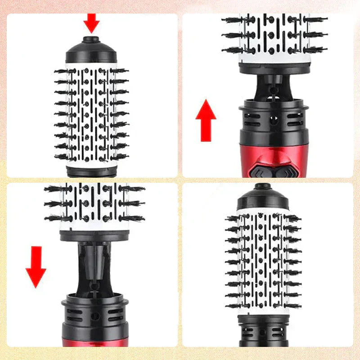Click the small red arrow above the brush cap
(x=91, y=22)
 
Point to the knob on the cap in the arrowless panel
(x=262, y=186)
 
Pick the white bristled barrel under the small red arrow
(x=91, y=115)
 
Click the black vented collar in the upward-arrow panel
(x=274, y=119)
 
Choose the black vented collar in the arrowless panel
(x=263, y=331)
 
